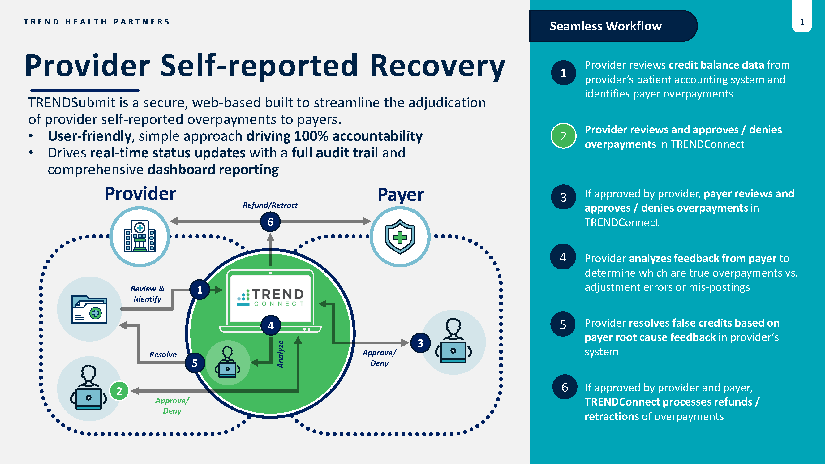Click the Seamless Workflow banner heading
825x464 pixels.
pos(605,26)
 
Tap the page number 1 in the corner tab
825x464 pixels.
pos(801,22)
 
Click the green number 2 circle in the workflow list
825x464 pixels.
pos(563,136)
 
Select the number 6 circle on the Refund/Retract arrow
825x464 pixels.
pos(270,222)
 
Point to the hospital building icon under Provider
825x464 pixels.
pos(140,236)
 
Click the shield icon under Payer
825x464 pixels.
pos(400,236)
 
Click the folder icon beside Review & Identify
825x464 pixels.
pos(89,309)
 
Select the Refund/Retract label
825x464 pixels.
pos(270,205)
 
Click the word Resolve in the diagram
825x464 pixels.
pos(163,354)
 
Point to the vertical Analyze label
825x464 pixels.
pos(280,354)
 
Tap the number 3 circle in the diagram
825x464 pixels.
pos(420,343)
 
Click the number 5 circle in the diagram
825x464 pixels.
pos(195,363)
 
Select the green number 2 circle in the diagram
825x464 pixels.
pos(119,391)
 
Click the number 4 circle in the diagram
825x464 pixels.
pos(271,326)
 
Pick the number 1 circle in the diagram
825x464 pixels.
pos(200,290)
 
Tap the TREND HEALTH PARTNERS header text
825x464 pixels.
pos(97,22)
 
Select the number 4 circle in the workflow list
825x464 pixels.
pos(563,257)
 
